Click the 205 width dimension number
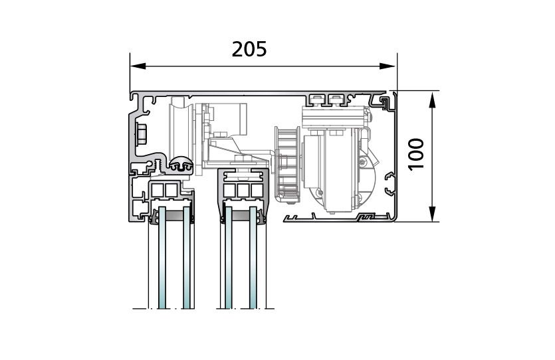coord(249,50)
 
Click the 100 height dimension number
coord(416,154)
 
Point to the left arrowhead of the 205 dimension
coord(138,66)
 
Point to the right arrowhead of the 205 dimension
coord(388,66)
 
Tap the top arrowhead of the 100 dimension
coord(432,100)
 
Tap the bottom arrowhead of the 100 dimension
coord(432,214)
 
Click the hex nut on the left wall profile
coord(141,134)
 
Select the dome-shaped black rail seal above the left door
coord(181,164)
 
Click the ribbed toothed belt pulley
coord(287,165)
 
